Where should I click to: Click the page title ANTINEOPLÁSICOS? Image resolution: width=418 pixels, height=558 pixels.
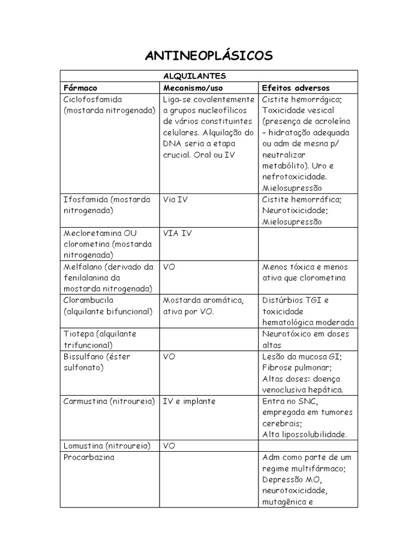[x=209, y=56]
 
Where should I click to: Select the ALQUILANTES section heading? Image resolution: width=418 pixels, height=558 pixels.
[x=209, y=76]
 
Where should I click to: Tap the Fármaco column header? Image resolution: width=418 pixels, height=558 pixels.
[x=81, y=88]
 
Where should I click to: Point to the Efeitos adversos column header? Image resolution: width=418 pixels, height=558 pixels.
[x=296, y=88]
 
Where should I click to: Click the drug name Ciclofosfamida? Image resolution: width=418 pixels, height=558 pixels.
[x=93, y=100]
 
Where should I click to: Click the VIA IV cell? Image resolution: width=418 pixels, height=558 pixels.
[x=177, y=233]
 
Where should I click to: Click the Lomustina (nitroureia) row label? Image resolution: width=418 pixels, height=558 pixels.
[x=107, y=446]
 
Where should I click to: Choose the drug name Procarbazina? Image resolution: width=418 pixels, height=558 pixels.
[x=89, y=458]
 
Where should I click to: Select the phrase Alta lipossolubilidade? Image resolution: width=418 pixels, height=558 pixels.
[x=304, y=434]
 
